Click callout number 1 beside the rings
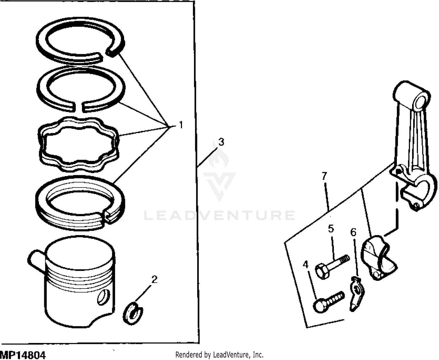point(181,125)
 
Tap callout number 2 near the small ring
point(154,279)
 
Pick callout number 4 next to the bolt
point(306,265)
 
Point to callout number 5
point(331,228)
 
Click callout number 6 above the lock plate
point(354,232)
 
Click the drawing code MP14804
point(23,355)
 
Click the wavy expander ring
point(79,144)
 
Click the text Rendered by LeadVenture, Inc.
point(219,355)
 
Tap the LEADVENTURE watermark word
point(220,215)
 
